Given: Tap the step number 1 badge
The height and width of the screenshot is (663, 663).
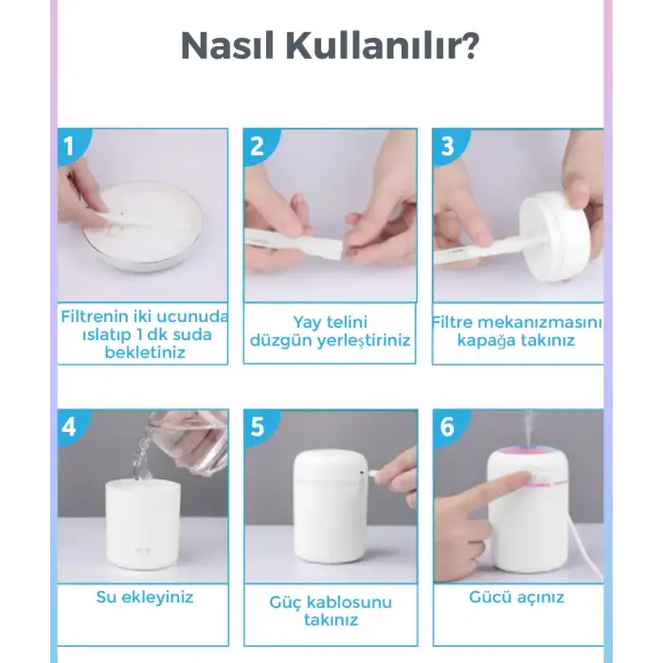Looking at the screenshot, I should (x=68, y=146).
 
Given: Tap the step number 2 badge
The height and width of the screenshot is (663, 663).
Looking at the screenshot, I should (x=257, y=146).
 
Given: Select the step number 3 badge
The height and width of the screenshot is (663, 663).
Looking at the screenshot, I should (x=448, y=146).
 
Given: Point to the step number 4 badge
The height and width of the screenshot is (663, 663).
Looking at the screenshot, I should (x=68, y=426).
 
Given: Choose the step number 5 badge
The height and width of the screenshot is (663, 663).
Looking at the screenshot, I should (x=257, y=426).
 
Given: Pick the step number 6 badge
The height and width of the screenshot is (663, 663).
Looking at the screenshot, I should (x=447, y=426).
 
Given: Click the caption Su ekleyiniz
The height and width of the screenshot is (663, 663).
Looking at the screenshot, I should (x=144, y=597).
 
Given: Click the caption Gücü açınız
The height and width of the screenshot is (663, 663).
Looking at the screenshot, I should (x=516, y=597).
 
